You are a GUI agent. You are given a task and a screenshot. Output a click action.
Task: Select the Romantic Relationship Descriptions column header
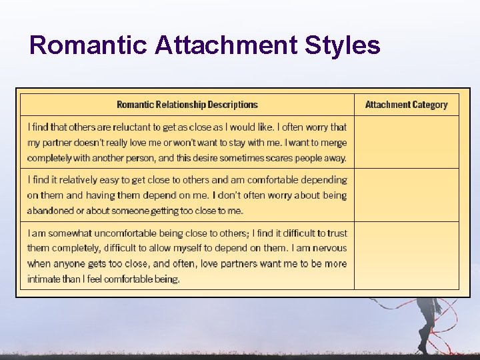coord(187,105)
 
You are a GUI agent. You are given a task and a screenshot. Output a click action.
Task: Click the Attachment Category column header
coord(406,105)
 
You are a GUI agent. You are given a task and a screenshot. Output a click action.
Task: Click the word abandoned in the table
coord(50,211)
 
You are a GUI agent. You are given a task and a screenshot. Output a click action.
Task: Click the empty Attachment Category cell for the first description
coord(406,142)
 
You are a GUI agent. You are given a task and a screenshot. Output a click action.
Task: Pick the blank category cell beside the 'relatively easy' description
coord(406,195)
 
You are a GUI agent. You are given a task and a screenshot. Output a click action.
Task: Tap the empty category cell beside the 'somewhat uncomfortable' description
coord(406,255)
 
